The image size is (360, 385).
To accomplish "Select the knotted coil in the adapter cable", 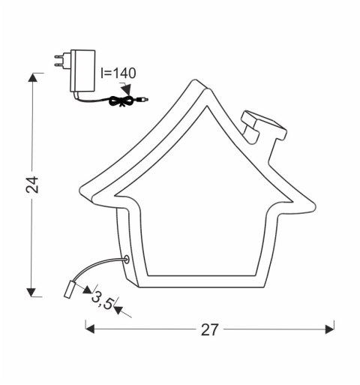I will click(118, 101).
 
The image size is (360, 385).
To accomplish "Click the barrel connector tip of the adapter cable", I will click(143, 98).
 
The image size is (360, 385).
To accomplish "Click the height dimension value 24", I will click(31, 185).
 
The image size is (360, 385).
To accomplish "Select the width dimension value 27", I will click(211, 328).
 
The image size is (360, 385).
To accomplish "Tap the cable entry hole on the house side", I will click(126, 259).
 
